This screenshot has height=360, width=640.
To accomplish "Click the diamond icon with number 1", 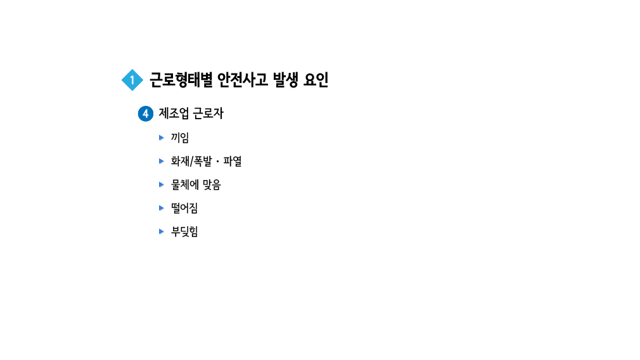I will (132, 80).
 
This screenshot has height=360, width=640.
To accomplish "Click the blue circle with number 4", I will (146, 114).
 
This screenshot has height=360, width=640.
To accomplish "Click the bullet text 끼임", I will (180, 138).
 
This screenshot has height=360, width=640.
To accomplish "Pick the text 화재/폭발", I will (191, 161).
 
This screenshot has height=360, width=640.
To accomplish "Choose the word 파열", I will (233, 161).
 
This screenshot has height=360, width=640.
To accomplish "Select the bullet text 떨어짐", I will (184, 208).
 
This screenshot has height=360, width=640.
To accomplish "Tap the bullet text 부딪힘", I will (184, 231).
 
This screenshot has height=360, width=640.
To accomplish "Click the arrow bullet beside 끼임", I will (162, 138).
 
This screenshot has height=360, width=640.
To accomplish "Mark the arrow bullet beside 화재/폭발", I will (162, 161).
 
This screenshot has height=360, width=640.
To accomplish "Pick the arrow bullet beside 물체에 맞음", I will (162, 184).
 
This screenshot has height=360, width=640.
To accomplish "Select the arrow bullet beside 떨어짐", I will (162, 208).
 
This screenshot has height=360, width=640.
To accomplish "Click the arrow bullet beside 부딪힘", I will (162, 231).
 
